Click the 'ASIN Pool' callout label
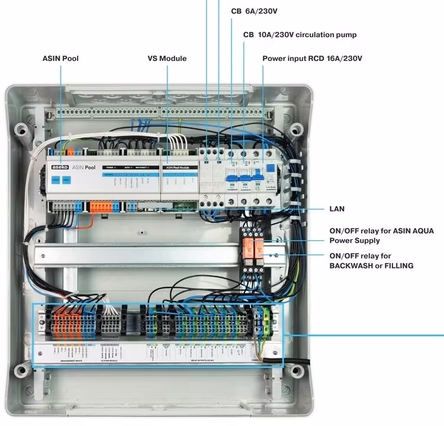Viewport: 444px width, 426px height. (60, 59)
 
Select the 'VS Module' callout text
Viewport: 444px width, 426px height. (167, 59)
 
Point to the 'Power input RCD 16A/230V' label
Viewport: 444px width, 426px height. (312, 59)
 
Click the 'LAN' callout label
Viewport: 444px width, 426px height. (337, 209)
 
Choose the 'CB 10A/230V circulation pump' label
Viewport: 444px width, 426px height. (300, 35)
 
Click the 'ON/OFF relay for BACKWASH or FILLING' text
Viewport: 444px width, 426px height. (371, 261)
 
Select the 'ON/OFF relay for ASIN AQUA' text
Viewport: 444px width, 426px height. (372, 236)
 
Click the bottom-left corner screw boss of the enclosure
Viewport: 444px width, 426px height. (22, 371)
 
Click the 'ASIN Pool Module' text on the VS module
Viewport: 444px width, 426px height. (178, 168)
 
